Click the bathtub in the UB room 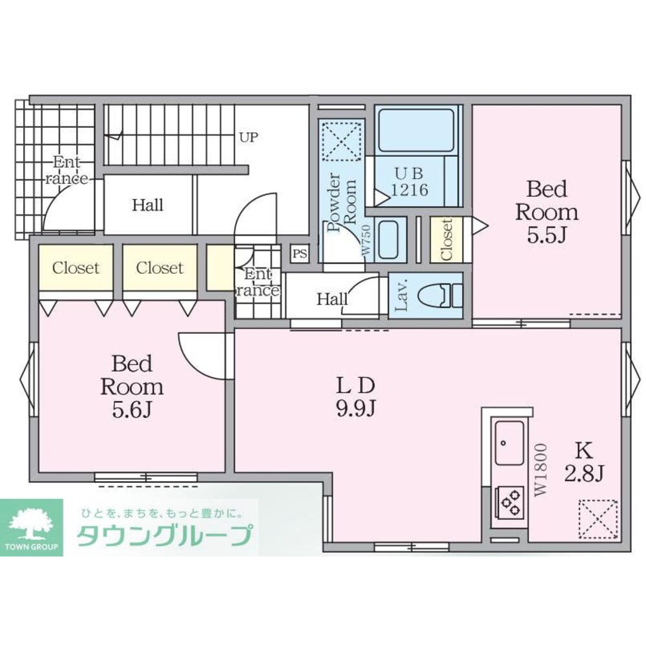[418, 130]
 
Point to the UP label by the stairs [248, 138]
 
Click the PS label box [300, 254]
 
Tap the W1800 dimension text [541, 469]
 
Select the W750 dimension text [366, 240]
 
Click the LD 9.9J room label [354, 397]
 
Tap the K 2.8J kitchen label [584, 463]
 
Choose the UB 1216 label [409, 181]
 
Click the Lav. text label [400, 296]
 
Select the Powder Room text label [342, 201]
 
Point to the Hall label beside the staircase [148, 206]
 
